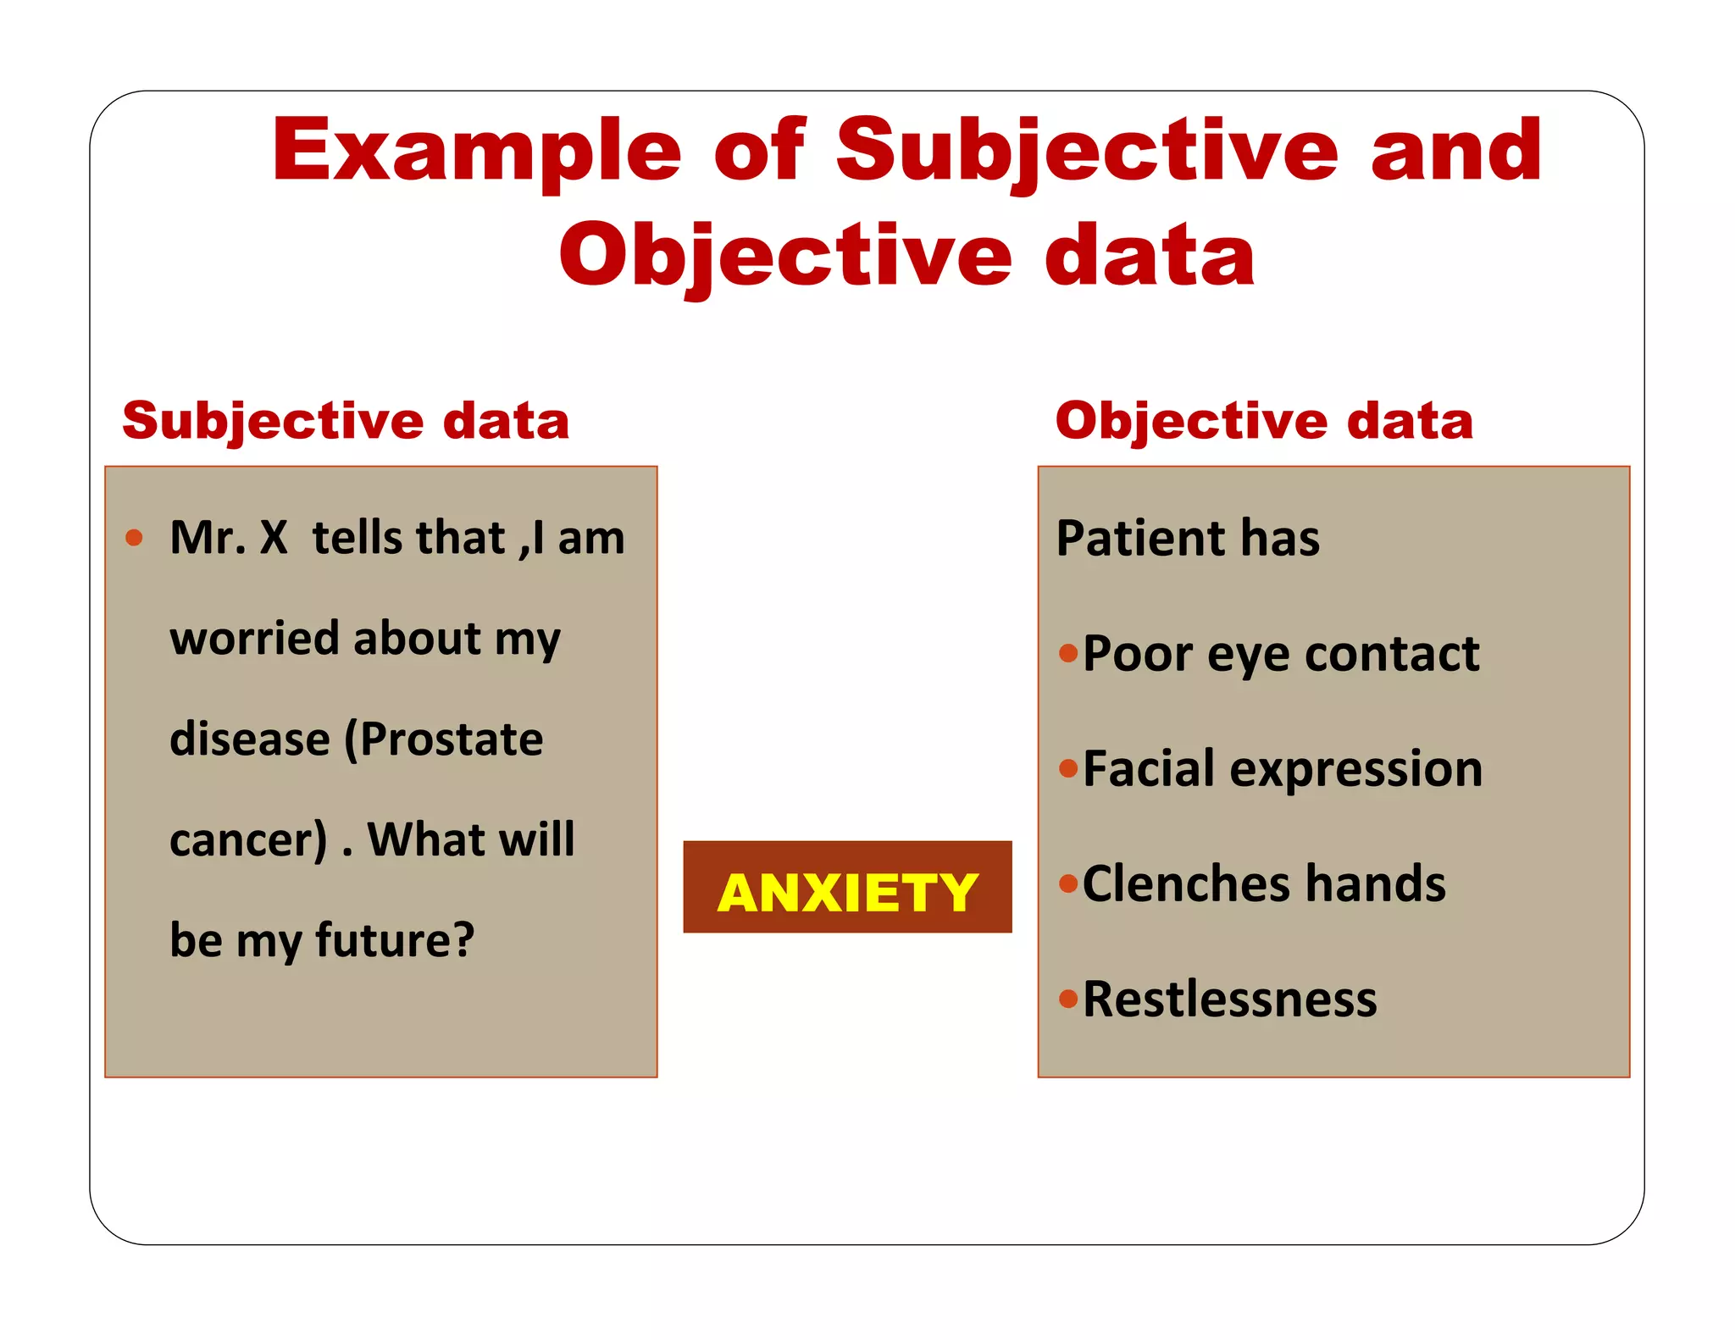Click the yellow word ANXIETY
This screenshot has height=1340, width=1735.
tap(847, 893)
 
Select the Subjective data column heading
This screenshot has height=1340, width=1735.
tap(346, 421)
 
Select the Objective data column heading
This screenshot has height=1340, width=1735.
tap(1264, 421)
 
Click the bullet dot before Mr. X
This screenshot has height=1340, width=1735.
tap(134, 538)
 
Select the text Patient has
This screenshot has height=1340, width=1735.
tap(1188, 539)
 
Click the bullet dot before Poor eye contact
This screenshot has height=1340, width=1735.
tap(1068, 653)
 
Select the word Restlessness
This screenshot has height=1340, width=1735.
tap(1229, 999)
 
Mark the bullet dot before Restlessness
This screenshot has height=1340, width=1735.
tap(1068, 999)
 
